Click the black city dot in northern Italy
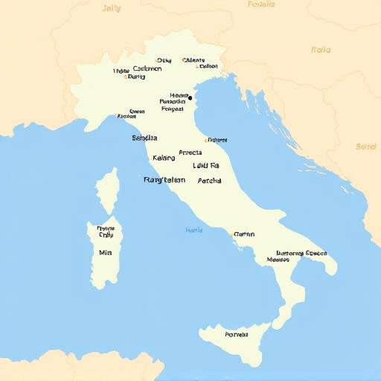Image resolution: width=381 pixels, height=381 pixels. coord(190,97)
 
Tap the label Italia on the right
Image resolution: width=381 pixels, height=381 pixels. coord(321,50)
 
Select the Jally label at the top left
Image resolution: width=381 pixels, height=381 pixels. coord(110,7)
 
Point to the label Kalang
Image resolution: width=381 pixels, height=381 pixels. coord(164,158)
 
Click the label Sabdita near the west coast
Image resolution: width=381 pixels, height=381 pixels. coord(144,138)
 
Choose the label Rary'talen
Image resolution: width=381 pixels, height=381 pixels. coord(164,179)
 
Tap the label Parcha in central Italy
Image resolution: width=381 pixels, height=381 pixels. coord(209,180)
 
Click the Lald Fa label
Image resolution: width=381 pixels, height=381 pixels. coord(206,165)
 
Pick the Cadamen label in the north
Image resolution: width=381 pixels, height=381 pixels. coord(147,68)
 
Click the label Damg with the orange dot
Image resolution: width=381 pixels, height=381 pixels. coord(135,76)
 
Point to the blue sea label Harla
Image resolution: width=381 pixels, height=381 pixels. coord(193,230)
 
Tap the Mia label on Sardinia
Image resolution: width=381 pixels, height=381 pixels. coord(105,252)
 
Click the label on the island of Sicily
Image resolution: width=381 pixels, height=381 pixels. coord(236,334)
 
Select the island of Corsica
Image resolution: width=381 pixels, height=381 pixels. coord(108,190)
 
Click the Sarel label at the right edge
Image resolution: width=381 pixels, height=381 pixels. coord(366,147)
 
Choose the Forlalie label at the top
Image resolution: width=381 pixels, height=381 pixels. coord(260,4)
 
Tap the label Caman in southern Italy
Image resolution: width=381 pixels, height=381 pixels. coord(244,234)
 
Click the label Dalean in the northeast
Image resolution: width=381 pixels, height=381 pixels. coord(208,66)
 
